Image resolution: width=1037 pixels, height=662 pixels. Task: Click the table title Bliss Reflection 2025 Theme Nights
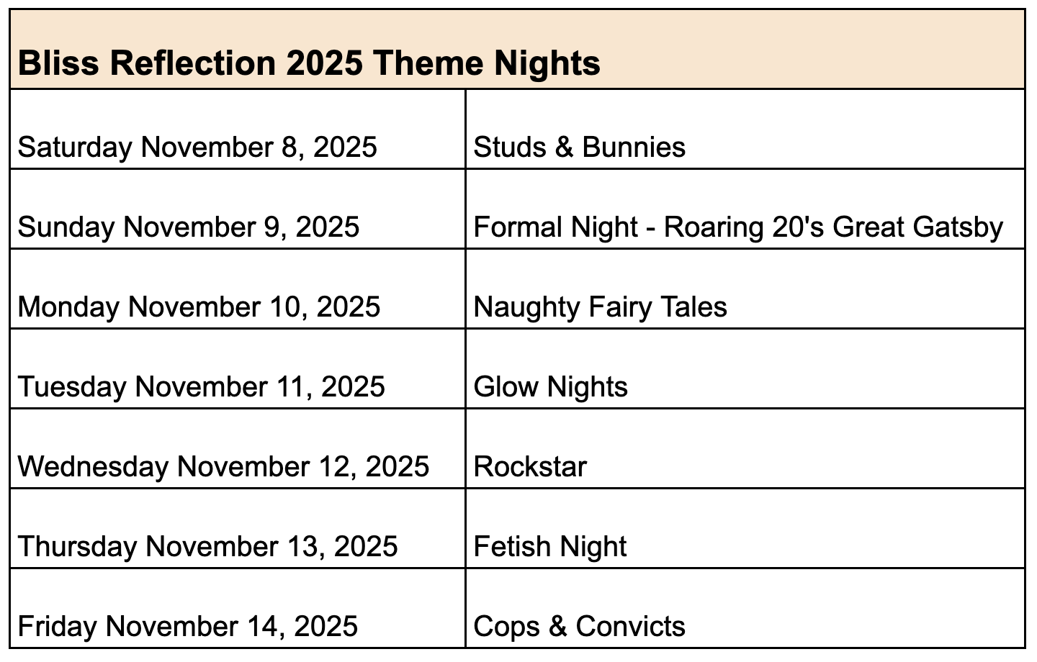[309, 63]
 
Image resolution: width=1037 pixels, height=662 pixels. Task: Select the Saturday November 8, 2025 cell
[197, 148]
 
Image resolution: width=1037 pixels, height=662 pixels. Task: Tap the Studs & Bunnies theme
[579, 147]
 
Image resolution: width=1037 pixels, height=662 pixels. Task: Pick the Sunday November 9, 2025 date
[189, 227]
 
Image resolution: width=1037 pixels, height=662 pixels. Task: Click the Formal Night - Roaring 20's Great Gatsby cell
[738, 227]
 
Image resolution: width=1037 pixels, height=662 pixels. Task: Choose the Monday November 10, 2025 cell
[199, 307]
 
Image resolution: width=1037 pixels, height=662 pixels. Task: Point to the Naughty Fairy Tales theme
[600, 307]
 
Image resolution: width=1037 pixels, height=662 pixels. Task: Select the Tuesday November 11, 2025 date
[201, 386]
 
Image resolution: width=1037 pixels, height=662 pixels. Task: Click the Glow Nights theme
[550, 386]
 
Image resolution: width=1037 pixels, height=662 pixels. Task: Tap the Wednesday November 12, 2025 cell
[223, 466]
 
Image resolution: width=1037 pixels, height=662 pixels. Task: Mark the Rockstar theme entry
[530, 466]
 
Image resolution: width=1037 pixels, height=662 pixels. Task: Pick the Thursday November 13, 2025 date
[207, 546]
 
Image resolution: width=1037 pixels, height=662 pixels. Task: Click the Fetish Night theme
[550, 546]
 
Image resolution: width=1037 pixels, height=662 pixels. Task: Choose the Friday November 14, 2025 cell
[187, 626]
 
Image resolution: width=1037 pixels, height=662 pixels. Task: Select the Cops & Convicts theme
[579, 626]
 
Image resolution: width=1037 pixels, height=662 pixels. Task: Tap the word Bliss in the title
[58, 63]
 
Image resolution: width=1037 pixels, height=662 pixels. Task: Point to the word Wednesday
[93, 466]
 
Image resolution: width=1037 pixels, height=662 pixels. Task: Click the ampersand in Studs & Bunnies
[564, 147]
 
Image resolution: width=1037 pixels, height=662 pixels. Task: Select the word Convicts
[631, 626]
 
